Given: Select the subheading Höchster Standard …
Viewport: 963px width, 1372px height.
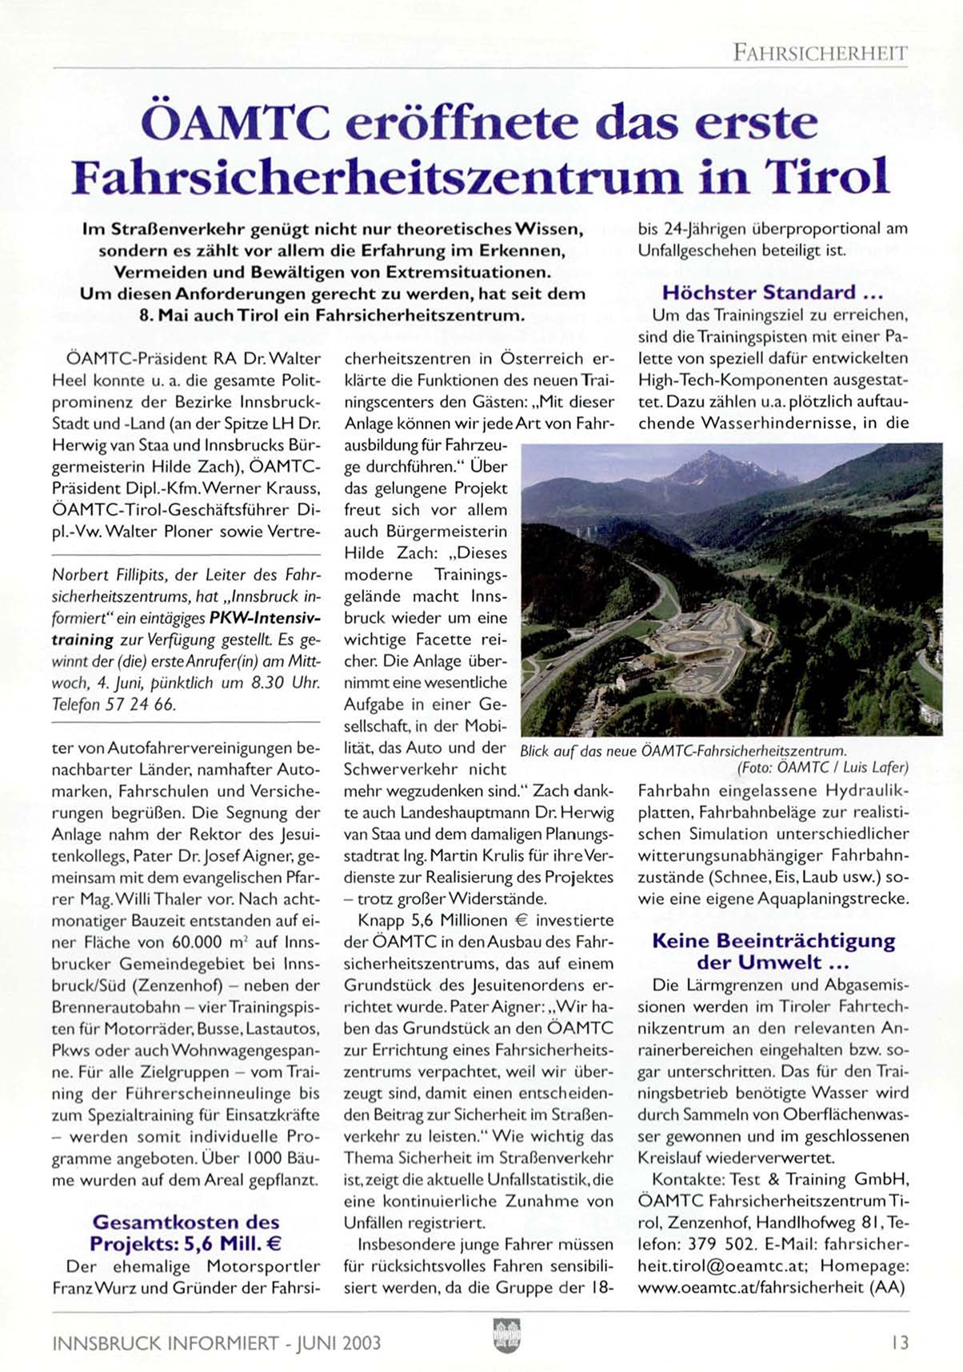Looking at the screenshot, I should tap(772, 292).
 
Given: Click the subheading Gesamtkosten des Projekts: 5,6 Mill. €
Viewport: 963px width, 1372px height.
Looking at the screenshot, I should tap(186, 1233).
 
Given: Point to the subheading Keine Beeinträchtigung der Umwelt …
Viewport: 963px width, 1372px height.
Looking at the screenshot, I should tap(773, 951).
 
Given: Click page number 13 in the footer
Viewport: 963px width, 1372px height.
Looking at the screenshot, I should tap(900, 1342).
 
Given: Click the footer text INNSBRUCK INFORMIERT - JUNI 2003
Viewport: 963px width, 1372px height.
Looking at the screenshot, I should tap(216, 1342).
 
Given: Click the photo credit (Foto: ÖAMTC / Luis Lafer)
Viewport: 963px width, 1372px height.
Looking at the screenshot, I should tap(822, 768).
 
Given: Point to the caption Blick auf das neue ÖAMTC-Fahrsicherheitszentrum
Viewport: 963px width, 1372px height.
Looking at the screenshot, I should tap(682, 751).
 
